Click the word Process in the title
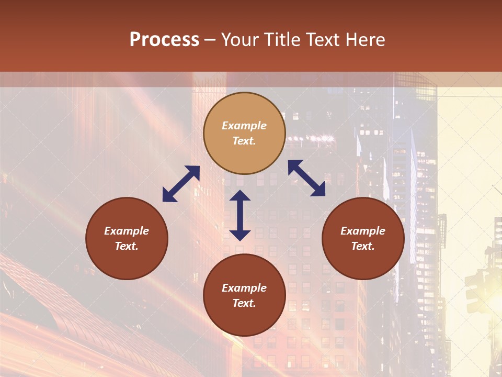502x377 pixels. coord(164,40)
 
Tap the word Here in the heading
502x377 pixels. coord(364,40)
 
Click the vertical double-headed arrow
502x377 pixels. coord(240,215)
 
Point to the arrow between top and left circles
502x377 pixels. coord(181,184)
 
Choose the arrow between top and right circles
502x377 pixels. coord(306,178)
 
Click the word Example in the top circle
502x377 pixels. coord(244,126)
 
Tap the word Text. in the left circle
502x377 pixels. coord(127,246)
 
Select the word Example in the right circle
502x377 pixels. coord(363,231)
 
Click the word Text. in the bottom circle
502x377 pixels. coord(244,303)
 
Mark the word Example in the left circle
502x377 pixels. coord(127,231)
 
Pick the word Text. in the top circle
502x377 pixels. coord(244,141)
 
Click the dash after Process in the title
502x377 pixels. coord(210,40)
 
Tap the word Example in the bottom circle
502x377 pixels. coord(244,288)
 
